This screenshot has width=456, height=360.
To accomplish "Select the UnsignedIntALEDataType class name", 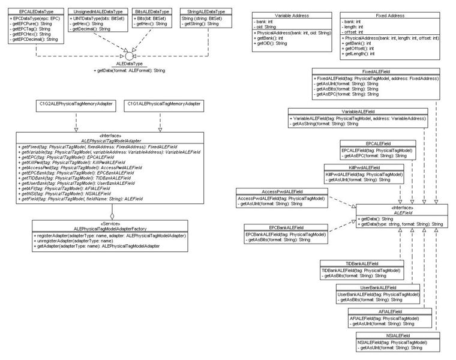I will point(97,12).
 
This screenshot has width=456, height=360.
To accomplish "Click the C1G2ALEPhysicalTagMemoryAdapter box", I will point(76,105).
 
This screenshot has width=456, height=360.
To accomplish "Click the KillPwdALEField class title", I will point(364,167).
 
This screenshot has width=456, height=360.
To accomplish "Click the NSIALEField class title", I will point(391,335).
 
